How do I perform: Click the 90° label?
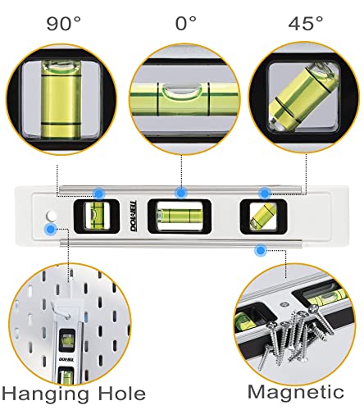tap(64, 24)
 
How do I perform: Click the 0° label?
tap(186, 23)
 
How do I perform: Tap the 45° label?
tap(306, 23)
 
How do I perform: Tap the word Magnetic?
tap(296, 392)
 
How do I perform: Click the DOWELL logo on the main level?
tap(134, 216)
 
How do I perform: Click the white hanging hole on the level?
tap(51, 216)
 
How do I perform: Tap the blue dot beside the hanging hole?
tap(51, 229)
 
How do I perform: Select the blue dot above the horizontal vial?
tap(180, 193)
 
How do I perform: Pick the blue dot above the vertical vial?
tap(98, 194)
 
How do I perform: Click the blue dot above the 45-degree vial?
tap(265, 194)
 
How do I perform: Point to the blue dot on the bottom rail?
tap(261, 250)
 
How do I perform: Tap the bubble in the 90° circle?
tap(61, 66)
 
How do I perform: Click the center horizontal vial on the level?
tap(179, 216)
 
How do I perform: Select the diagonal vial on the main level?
tap(262, 216)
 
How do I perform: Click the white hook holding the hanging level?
tap(67, 310)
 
